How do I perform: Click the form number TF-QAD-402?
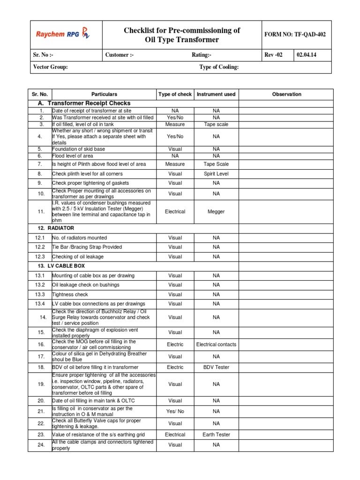click(x=295, y=34)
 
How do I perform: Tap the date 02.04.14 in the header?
click(x=306, y=55)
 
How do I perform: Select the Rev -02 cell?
click(x=274, y=55)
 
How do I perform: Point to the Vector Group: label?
click(x=51, y=67)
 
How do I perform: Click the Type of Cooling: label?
click(x=219, y=67)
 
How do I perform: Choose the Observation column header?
click(x=286, y=94)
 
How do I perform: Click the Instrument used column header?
click(x=216, y=94)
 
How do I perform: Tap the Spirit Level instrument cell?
click(x=216, y=173)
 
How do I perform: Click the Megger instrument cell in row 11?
click(x=216, y=211)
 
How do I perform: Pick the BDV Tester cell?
click(x=216, y=367)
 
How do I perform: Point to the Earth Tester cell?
click(x=216, y=435)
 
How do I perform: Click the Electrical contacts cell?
click(x=216, y=344)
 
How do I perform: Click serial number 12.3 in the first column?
click(x=40, y=256)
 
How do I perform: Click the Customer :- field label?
click(x=120, y=55)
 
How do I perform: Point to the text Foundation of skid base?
click(x=78, y=149)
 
